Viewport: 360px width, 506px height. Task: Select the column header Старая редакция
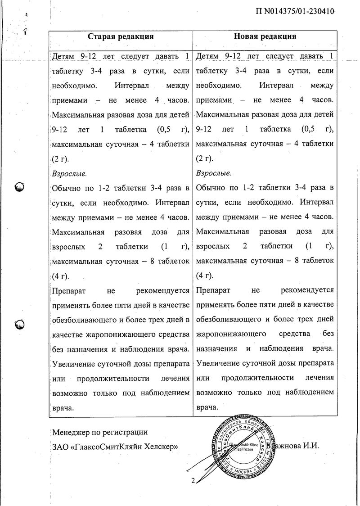121,36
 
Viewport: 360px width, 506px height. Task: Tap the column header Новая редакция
265,36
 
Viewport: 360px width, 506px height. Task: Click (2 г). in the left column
61,158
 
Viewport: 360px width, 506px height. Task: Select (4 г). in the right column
205,276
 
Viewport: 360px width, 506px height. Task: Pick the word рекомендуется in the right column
307,290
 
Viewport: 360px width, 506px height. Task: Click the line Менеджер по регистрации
100,432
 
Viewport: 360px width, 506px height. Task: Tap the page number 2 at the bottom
193,481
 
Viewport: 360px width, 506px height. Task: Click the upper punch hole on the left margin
20,186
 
